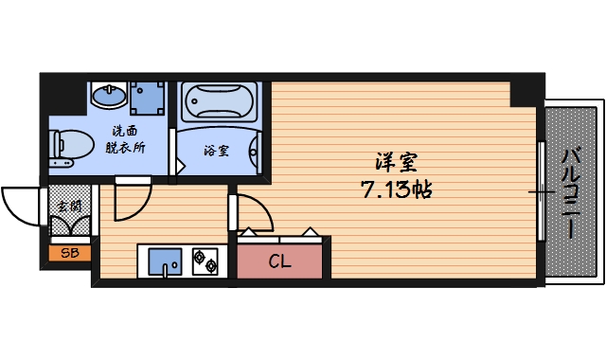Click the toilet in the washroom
click(71, 146)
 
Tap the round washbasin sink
click(109, 96)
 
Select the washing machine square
click(146, 97)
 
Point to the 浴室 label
click(216, 150)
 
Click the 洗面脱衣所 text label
click(127, 139)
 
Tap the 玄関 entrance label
click(68, 205)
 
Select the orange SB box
click(69, 253)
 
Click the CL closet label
click(279, 261)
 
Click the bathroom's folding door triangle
click(178, 163)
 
